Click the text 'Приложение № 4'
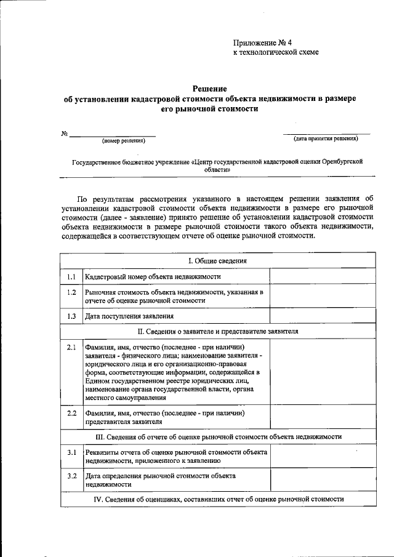pos(262,42)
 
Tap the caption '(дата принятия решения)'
pos(326,139)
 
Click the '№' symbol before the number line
pos(63,134)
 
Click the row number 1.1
pos(71,277)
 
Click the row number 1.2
pos(71,292)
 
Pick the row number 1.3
pos(71,316)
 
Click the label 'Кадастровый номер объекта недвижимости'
pos(153,278)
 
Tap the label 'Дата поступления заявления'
pos(129,316)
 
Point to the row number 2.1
pos(71,347)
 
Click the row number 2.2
pos(71,412)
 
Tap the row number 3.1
pos(71,452)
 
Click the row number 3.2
pos(71,476)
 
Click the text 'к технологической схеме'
pos(276,53)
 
